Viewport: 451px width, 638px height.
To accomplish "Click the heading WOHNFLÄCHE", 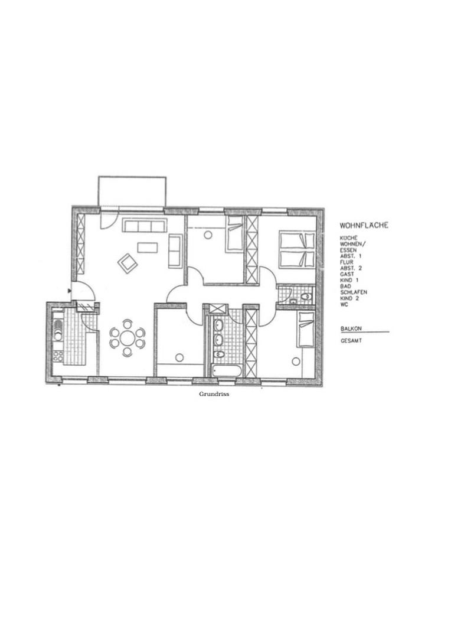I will coord(364,226).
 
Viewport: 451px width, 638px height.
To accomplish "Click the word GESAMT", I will coord(351,340).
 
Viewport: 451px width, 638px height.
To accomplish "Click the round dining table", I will coord(128,338).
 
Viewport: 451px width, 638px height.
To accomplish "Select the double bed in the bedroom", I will coord(296,249).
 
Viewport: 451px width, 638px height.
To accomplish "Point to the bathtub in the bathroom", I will coord(227,371).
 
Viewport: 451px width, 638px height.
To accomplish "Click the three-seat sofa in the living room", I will coord(145,226).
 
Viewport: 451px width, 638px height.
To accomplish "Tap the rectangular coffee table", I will coord(147,247).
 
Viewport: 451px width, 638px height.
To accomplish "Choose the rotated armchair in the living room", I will coord(127,263).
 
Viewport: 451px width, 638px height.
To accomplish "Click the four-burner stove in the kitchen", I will coord(58,356).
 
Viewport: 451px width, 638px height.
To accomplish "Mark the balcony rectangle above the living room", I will coord(132,191).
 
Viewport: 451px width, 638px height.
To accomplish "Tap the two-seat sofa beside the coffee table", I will coord(175,250).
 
